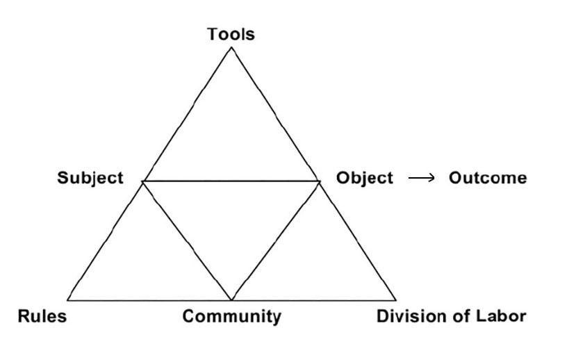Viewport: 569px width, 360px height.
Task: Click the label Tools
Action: (x=231, y=33)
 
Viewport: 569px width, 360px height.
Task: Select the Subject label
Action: (x=90, y=178)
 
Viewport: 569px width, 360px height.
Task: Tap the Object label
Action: (x=364, y=178)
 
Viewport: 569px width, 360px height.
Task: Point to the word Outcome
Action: (x=487, y=178)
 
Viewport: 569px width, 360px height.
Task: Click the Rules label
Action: (x=42, y=317)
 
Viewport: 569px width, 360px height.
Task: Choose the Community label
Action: (x=231, y=317)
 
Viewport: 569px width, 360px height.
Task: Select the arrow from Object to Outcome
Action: (x=421, y=179)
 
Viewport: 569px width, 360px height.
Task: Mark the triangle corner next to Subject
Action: (x=142, y=181)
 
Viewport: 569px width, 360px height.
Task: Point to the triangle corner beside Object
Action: (x=320, y=181)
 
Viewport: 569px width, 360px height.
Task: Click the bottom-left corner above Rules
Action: (x=68, y=300)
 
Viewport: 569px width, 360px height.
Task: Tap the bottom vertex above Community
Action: (x=231, y=300)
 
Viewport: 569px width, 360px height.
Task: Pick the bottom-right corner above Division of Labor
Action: (x=395, y=300)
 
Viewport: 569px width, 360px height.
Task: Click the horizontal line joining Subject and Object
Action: (x=231, y=181)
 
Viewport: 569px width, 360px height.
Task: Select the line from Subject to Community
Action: (x=187, y=240)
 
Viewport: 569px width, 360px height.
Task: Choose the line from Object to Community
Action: (x=276, y=240)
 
